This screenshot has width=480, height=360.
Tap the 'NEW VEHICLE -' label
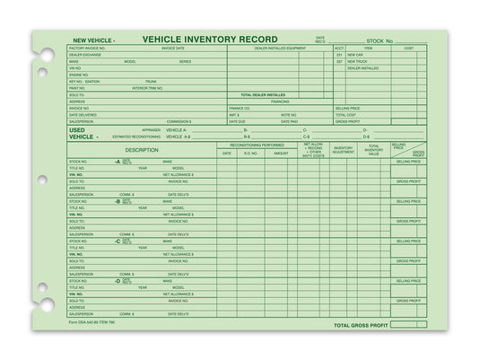coord(93,40)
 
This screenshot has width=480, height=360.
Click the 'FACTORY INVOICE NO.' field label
coord(87,48)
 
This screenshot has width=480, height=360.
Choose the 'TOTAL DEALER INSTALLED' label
coord(263,94)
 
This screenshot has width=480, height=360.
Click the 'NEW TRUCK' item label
coord(358,61)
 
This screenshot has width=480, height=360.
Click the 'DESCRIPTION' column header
coord(142,150)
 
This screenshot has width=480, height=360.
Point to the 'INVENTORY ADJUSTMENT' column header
coord(344,150)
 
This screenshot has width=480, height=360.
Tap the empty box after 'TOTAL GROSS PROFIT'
coord(408,325)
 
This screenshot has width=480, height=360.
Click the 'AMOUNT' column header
coord(281,154)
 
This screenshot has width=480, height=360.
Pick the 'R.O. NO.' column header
coord(250,154)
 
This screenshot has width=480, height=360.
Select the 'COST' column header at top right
coord(408,48)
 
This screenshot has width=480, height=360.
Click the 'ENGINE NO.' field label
coord(81,75)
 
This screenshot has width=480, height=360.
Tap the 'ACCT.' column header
coord(339,48)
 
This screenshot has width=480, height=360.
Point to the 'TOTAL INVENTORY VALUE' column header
coord(374,150)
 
